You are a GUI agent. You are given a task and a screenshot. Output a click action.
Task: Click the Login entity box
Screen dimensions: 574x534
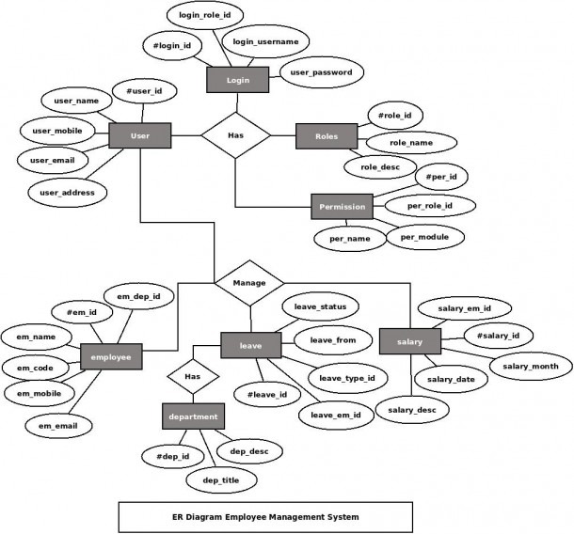(x=237, y=80)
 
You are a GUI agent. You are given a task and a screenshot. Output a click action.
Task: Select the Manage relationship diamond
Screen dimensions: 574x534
(x=249, y=283)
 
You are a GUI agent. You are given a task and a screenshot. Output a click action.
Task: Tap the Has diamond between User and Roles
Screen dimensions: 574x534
(x=236, y=135)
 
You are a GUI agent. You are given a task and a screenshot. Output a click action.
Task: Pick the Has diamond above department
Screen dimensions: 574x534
(x=193, y=376)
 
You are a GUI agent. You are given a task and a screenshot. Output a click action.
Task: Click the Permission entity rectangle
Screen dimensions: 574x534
(x=342, y=207)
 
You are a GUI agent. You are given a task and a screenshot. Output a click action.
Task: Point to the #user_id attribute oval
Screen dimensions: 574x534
(x=144, y=91)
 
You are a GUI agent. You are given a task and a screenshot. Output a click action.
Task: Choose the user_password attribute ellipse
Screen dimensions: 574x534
(x=322, y=72)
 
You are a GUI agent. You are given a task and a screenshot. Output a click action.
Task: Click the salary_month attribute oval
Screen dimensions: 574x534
(x=531, y=366)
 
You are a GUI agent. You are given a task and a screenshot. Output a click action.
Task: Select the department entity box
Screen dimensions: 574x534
(x=193, y=416)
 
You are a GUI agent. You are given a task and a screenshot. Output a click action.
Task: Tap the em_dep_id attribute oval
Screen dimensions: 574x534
(x=138, y=296)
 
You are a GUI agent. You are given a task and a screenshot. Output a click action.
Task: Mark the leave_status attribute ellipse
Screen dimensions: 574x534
(x=320, y=306)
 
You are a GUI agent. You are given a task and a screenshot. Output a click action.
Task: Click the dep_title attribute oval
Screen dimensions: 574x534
(x=221, y=479)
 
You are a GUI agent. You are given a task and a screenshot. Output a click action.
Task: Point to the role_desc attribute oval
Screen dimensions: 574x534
(x=380, y=167)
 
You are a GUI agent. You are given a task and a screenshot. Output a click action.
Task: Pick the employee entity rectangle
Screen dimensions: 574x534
(x=111, y=356)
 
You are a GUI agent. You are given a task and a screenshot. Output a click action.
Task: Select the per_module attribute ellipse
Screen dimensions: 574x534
(x=424, y=237)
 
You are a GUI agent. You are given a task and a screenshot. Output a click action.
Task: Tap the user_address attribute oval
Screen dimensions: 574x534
(x=68, y=193)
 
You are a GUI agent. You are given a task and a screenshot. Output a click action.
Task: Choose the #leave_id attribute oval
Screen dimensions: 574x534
(x=267, y=395)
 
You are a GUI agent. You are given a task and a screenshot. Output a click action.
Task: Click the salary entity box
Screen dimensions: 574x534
(x=410, y=341)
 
